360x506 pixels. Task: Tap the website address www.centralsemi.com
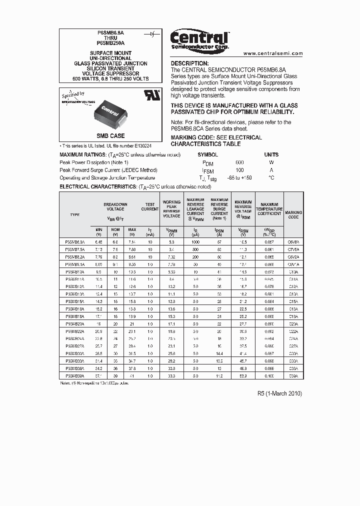click(x=273, y=53)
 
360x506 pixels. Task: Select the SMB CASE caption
click(x=110, y=136)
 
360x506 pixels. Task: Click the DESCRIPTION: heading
click(x=189, y=63)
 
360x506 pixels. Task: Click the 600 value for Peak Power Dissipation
click(x=239, y=162)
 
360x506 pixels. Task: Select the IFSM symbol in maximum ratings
click(x=208, y=170)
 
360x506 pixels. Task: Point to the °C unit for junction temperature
click(x=271, y=177)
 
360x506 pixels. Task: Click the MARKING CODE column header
click(x=293, y=214)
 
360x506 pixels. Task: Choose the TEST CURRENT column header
click(x=150, y=206)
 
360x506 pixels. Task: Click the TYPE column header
click(x=75, y=214)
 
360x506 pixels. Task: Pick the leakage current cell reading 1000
click(x=195, y=241)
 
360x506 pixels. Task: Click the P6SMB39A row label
click(x=75, y=375)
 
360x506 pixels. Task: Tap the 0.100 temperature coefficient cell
click(x=269, y=375)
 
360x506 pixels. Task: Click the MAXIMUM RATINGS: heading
click(x=83, y=155)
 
